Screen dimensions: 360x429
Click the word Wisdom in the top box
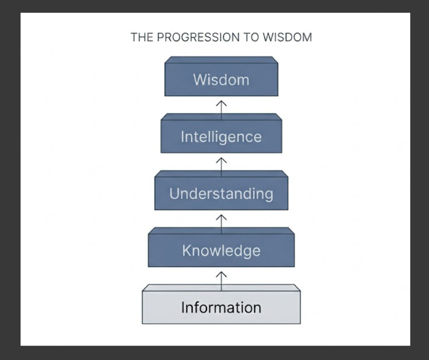pos(221,80)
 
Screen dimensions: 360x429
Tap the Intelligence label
pos(221,137)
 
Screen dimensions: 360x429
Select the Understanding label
pos(221,194)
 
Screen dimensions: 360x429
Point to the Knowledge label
pos(221,251)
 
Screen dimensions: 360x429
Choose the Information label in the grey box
pos(221,308)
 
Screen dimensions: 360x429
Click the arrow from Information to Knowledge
pos(222,281)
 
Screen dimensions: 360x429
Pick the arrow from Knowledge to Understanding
pos(222,224)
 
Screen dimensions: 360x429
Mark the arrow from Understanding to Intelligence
pos(222,167)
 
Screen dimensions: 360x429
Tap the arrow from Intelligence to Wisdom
pos(222,110)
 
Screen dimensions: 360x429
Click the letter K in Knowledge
pos(187,251)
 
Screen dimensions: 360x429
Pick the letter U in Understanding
pos(174,194)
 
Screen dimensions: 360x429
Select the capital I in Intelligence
pos(183,137)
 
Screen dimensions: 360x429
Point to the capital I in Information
pos(183,308)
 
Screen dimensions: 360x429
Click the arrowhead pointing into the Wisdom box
pos(222,103)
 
